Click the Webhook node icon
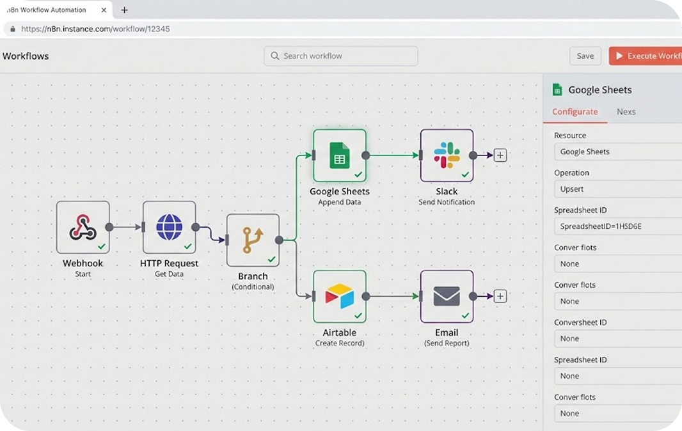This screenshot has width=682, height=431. pos(83,227)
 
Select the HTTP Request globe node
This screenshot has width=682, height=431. pos(170,227)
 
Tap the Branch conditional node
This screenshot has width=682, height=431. pos(253,240)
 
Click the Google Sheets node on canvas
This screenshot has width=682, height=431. pos(340,155)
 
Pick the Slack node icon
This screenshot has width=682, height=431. pos(447,155)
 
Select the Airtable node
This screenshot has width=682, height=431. pos(340,296)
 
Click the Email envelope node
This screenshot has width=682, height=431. pos(447,296)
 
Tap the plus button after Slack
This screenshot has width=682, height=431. pos(500,155)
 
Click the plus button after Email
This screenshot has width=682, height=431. pos(500,296)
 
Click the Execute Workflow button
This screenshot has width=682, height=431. pos(645,56)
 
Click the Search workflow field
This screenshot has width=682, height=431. pos(341,56)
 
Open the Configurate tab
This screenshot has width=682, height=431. pos(575,112)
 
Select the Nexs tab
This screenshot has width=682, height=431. pos(626,112)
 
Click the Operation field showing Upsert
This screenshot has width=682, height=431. pos(617,189)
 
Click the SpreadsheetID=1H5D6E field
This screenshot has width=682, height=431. pos(617,226)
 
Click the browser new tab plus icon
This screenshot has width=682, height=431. pos(124,10)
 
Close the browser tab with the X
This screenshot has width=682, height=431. pos(104,10)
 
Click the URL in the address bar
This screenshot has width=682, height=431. pos(95,29)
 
